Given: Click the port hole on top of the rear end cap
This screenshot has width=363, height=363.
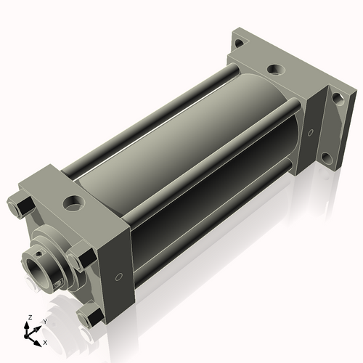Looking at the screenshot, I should [x=275, y=70].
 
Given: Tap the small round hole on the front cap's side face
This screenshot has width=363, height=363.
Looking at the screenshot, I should [x=117, y=277].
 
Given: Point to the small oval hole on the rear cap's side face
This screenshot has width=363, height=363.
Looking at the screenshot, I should [x=311, y=134].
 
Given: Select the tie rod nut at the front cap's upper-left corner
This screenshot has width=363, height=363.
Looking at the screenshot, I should [x=20, y=204].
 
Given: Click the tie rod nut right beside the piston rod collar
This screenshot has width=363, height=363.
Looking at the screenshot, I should [x=81, y=257].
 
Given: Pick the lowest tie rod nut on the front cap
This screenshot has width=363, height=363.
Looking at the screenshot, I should [x=91, y=317].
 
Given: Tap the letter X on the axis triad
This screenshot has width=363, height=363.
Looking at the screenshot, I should [x=45, y=342].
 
